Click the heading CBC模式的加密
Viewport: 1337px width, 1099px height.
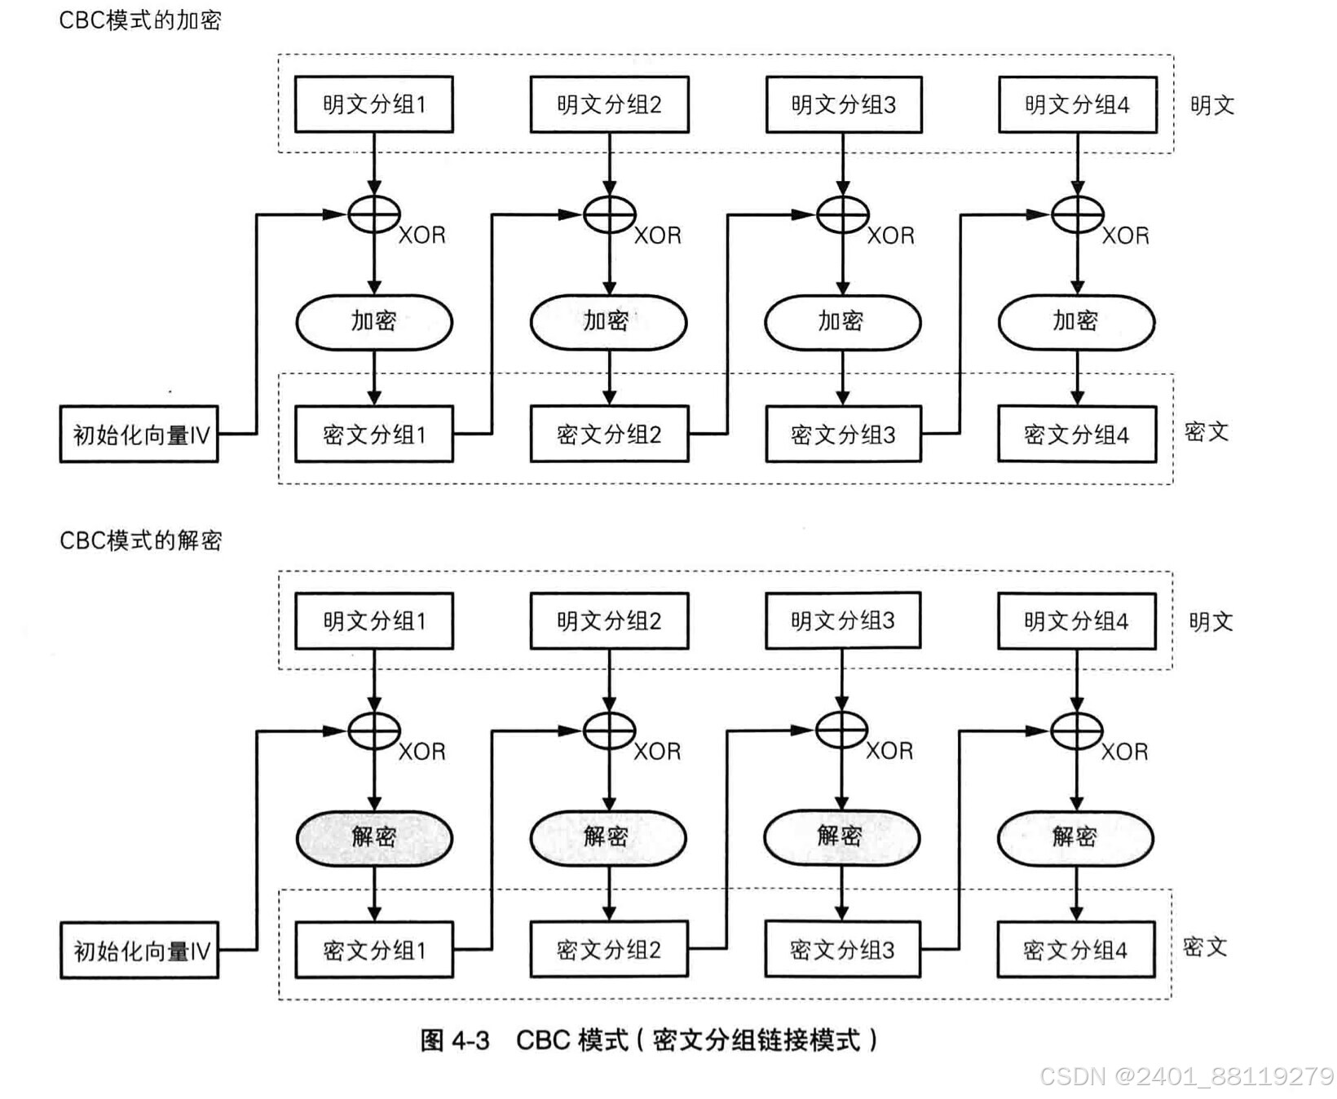pos(139,20)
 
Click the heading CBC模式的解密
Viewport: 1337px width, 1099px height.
pos(140,540)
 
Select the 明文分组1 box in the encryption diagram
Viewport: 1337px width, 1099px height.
pos(373,104)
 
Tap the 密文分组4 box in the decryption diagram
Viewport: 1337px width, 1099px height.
pos(1076,950)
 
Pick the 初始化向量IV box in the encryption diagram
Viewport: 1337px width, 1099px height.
pos(139,435)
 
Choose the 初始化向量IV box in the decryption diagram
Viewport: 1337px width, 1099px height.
pos(139,951)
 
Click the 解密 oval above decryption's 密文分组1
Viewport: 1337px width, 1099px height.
pos(373,837)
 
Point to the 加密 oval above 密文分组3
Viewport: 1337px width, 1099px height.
pos(842,322)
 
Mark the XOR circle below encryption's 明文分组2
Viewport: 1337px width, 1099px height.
pos(609,214)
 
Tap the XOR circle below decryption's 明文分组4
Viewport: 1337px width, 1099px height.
pos(1076,730)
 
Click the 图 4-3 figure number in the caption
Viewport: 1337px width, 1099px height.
pos(455,1040)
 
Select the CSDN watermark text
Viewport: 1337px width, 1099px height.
pos(1186,1076)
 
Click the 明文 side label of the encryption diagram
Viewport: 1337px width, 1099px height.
pos(1211,105)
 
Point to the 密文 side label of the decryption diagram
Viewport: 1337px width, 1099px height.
pos(1204,947)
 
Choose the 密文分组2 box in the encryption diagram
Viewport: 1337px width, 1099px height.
pos(609,435)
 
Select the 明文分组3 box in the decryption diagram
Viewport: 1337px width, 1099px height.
pos(843,621)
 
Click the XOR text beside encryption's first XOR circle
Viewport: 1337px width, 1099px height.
pos(421,236)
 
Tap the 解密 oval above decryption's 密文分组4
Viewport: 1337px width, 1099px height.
pos(1075,837)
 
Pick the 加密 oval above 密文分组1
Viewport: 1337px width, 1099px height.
pos(373,322)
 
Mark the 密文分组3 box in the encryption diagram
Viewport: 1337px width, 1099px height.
pos(843,435)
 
